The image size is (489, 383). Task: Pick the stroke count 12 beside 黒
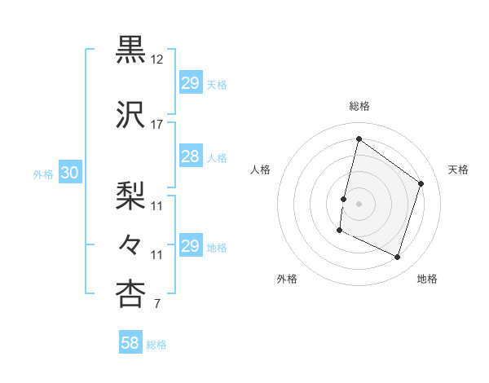coord(157,59)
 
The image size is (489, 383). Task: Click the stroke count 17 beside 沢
coord(157,125)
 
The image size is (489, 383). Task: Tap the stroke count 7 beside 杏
coord(156,305)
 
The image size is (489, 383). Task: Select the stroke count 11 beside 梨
coord(157,206)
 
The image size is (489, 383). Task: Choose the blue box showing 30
coord(69,173)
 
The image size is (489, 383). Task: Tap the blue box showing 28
coord(190,157)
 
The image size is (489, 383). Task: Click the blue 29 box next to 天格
coord(190,84)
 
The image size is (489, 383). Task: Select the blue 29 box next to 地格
coord(190,247)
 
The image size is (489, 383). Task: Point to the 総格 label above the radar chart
coord(359,106)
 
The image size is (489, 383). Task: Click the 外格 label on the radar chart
coord(287,279)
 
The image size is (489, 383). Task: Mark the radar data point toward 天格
coord(421,183)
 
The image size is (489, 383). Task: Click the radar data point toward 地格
coord(397,258)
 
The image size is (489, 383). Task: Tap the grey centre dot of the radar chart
coord(359,204)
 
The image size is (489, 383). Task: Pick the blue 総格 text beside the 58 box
coord(156,345)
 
